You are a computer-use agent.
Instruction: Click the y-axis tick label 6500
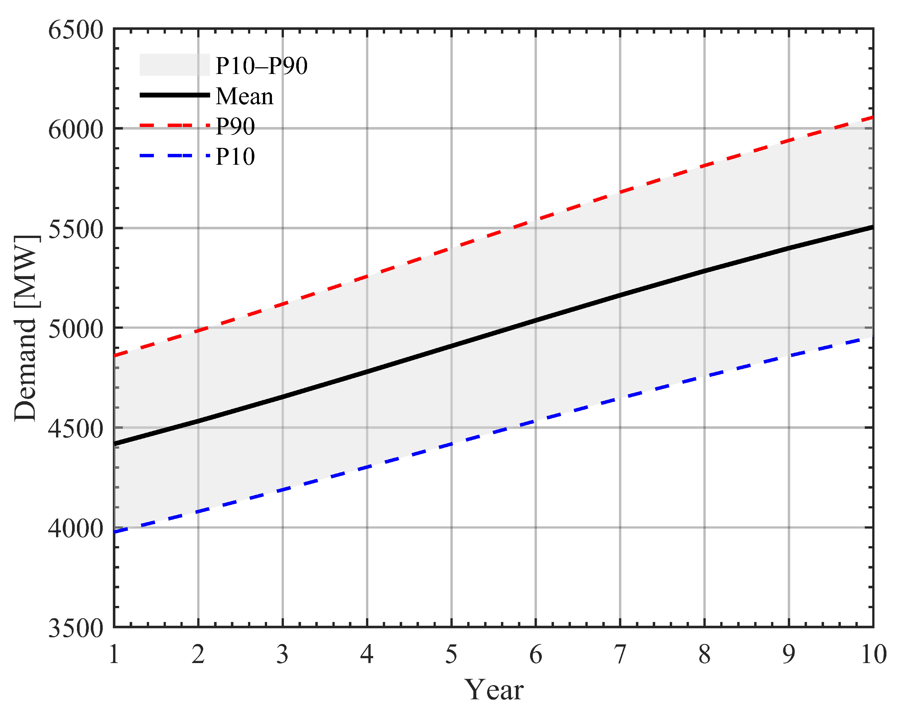tap(75, 30)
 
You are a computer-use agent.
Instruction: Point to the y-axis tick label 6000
tap(75, 130)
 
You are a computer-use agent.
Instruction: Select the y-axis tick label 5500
tap(75, 230)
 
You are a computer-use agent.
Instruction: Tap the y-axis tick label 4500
tap(75, 429)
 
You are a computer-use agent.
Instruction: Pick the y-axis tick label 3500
tap(75, 628)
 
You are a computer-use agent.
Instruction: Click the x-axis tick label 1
tap(114, 654)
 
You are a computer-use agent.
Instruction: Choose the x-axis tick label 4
tap(367, 654)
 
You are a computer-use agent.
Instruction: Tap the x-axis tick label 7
tap(620, 654)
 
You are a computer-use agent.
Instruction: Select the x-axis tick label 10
tap(873, 654)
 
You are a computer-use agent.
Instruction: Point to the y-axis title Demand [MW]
tap(26, 328)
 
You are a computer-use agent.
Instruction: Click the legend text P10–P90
tap(261, 66)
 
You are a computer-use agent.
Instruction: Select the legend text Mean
tap(245, 96)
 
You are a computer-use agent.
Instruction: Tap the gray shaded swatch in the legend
tap(174, 65)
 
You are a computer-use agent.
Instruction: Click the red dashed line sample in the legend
tap(174, 126)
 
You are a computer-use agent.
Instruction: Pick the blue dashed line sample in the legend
tap(174, 156)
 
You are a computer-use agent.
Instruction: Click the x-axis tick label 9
tap(789, 654)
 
